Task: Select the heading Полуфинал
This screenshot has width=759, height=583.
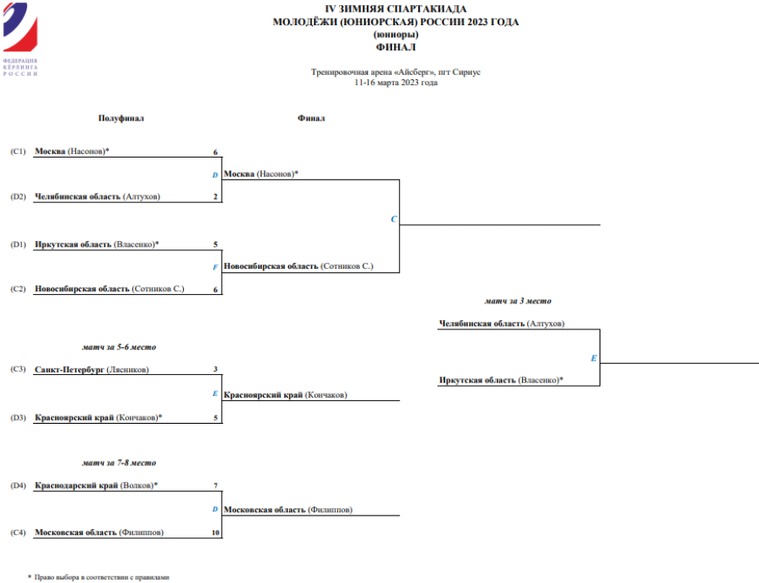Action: pos(121,119)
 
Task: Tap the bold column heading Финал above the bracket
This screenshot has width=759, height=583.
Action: pos(311,119)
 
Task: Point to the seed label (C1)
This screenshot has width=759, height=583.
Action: pos(19,152)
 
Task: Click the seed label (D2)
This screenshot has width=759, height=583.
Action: pos(19,197)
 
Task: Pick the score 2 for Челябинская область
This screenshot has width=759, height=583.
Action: pos(216,197)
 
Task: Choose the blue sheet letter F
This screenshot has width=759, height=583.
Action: pos(216,266)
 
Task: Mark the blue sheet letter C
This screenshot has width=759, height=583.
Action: pos(394,219)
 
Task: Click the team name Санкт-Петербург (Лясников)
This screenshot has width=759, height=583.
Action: pos(92,370)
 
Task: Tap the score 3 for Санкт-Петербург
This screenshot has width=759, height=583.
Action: pos(216,370)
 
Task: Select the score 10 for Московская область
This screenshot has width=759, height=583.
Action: pos(215,532)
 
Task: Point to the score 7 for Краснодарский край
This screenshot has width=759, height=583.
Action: pos(216,486)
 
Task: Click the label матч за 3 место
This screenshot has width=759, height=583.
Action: pos(518,301)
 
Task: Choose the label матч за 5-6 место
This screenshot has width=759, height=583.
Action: pos(119,347)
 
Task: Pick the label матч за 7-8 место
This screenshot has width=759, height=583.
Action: pos(119,463)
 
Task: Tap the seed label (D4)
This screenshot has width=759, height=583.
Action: pos(19,486)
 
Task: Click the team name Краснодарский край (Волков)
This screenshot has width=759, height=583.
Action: pos(96,486)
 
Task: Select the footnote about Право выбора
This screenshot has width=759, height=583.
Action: pos(102,577)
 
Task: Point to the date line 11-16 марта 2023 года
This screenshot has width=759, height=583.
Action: pos(396,83)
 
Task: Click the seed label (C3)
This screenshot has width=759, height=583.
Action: pos(19,370)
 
